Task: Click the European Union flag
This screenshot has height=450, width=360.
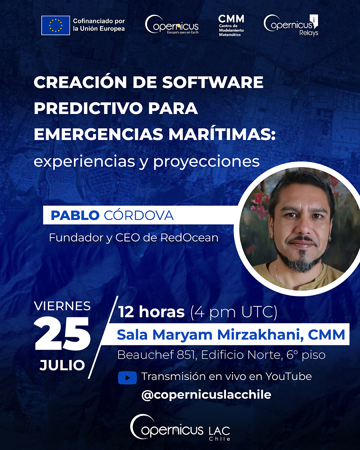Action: [56, 25]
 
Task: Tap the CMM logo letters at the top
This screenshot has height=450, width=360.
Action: [231, 19]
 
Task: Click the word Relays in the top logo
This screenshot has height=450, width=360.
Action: [309, 33]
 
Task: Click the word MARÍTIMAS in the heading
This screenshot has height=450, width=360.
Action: [222, 134]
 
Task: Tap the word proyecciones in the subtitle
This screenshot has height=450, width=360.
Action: [206, 162]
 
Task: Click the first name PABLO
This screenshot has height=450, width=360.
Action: [75, 215]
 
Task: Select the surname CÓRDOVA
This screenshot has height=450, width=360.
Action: [139, 215]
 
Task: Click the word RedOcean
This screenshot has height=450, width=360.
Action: [189, 238]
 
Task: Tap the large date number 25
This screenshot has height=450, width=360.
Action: [62, 334]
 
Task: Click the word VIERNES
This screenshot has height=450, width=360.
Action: [62, 306]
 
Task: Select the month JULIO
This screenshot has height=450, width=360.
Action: [62, 365]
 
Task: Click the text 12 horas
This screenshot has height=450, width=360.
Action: [152, 312]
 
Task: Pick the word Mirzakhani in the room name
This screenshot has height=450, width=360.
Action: [260, 335]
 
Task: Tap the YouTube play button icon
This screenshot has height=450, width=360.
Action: [127, 378]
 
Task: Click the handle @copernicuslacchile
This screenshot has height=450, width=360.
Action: [206, 395]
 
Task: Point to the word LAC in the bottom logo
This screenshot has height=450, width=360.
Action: [219, 431]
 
